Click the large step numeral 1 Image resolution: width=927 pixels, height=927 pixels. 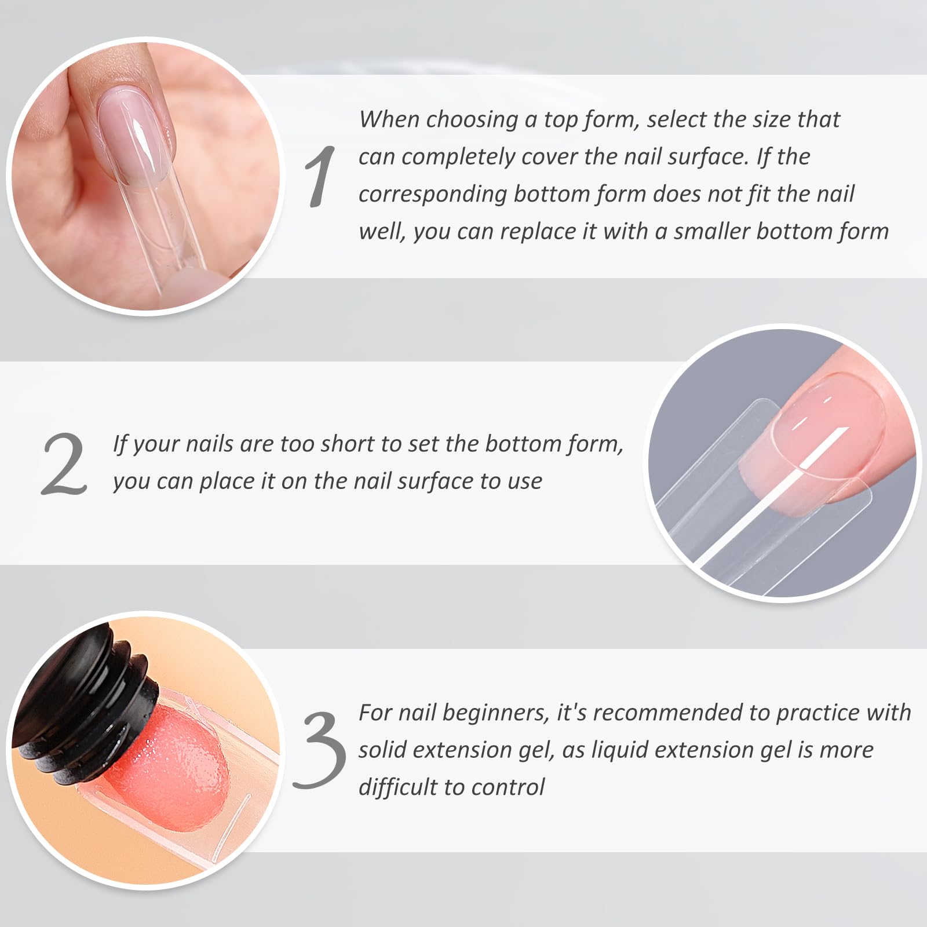click(x=320, y=176)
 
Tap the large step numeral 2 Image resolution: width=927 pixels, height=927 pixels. click(x=64, y=464)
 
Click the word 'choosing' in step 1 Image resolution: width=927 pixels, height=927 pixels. click(x=472, y=120)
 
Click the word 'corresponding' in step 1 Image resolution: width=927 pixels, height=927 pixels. click(x=433, y=195)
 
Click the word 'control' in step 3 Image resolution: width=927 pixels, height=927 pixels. click(x=508, y=788)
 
